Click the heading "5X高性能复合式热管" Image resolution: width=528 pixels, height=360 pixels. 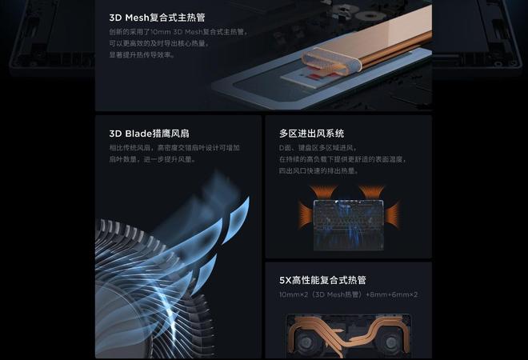pos(322,280)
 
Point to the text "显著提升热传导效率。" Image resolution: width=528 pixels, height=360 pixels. pos(142,55)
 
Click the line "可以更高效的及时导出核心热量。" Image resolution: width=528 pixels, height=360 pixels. pos(159,43)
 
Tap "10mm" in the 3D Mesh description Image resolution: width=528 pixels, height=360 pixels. pos(162,32)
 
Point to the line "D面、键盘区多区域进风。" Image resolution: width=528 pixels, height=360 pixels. pos(317,148)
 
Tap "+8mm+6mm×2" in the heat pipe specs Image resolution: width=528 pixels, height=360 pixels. pos(392,295)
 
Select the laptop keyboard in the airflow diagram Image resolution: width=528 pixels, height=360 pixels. pos(347,217)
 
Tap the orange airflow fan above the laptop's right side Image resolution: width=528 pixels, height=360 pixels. pos(372,192)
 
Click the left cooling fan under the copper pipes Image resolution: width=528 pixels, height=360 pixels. pos(308,342)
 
